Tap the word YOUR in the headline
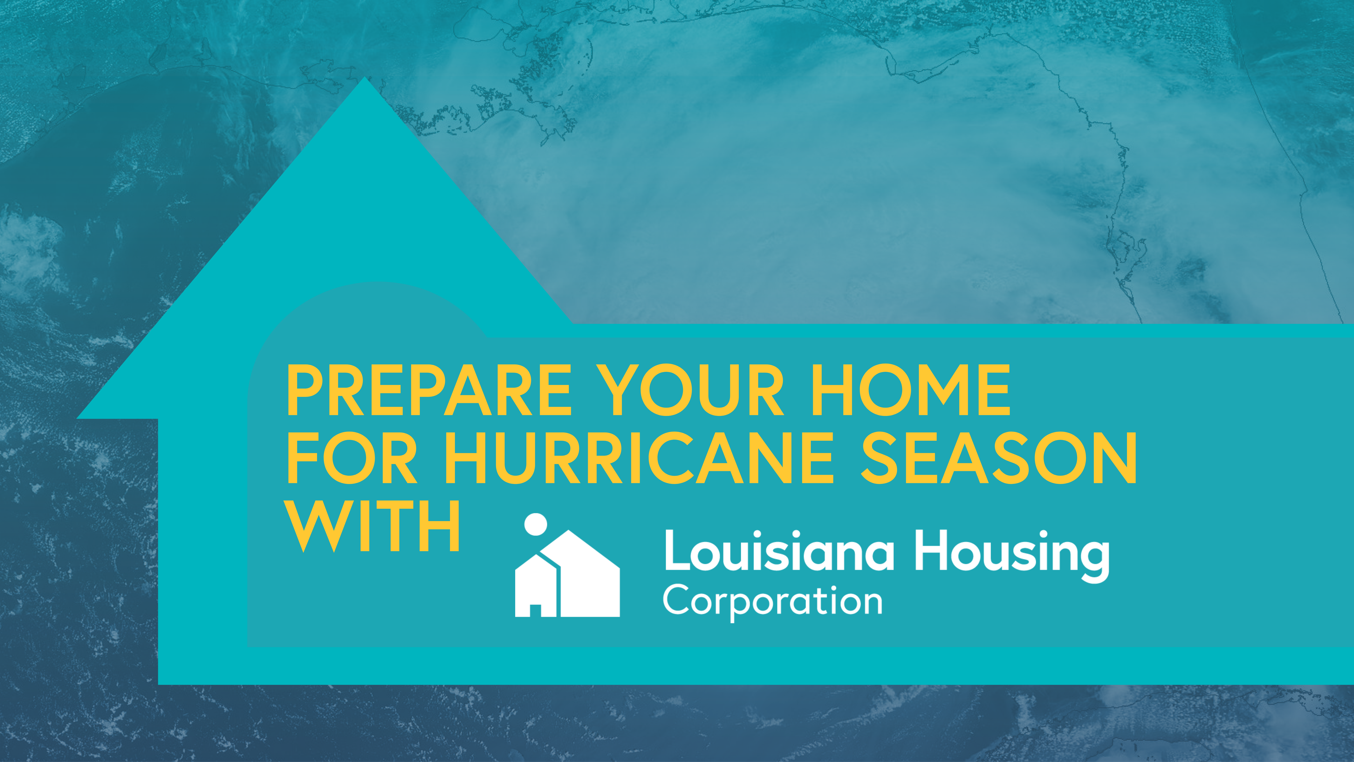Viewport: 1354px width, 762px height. tap(693, 390)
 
